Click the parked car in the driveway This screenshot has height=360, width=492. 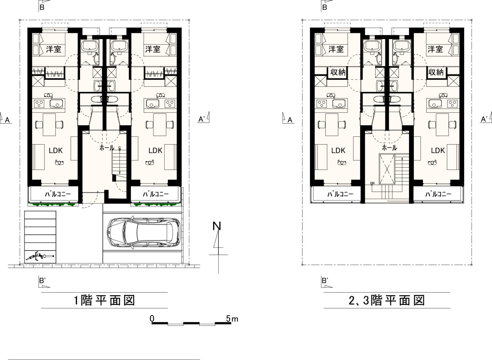pos(144,233)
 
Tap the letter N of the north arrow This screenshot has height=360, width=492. pos(217,226)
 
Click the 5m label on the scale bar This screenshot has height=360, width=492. pos(232,319)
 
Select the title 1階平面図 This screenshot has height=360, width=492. pos(104,300)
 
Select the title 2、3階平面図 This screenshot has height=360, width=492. pos(387,300)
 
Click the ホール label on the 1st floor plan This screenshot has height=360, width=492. pos(107,148)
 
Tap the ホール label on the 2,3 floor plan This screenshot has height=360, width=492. pos(389,148)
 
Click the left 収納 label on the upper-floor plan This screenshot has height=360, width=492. pos(338,72)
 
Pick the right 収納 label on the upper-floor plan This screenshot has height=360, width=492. pos(436,72)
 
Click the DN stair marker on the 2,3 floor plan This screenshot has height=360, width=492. pos(372,183)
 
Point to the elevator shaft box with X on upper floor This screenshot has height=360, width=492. pos(387,169)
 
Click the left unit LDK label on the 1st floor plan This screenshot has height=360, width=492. pos(55,151)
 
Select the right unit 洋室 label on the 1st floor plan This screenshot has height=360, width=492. pos(153,49)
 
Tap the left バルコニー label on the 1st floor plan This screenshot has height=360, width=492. pos(58,194)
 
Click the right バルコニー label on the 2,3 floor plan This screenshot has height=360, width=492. pos(439,194)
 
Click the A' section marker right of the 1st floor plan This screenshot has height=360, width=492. pos(204,118)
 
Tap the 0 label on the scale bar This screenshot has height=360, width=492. pos(152,318)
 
